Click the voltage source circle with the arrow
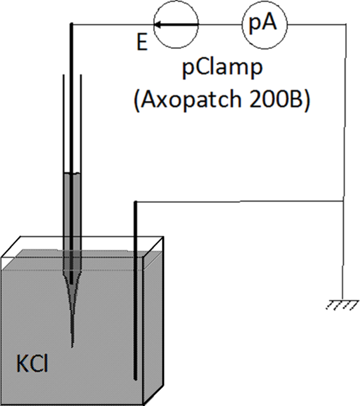pos(176,24)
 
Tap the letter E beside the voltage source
pos(141,43)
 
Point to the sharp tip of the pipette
pos(71,345)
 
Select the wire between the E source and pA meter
pos(220,24)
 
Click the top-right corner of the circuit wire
pos(346,24)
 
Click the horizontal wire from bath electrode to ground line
pos(238,202)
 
